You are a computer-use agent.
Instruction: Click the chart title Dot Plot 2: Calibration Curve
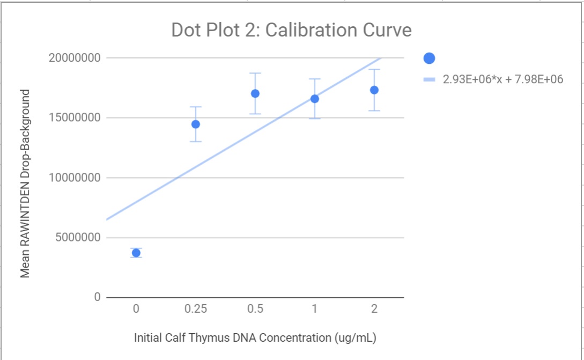click(x=291, y=30)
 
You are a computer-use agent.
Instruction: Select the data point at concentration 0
click(x=136, y=253)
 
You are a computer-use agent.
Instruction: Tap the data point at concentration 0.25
click(x=196, y=124)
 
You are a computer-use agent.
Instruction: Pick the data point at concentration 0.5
click(x=255, y=93)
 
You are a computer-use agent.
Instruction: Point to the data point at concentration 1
click(x=315, y=99)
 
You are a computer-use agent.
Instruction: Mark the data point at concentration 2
click(x=374, y=90)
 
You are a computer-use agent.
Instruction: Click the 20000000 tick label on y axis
click(x=74, y=58)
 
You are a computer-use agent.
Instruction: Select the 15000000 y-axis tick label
click(x=74, y=118)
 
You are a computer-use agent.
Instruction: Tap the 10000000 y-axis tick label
click(x=74, y=178)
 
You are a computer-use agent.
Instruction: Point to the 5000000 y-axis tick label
click(x=77, y=238)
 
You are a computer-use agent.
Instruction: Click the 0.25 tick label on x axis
click(x=196, y=309)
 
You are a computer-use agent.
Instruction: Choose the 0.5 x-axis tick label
click(x=255, y=309)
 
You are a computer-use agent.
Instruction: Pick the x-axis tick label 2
click(x=374, y=309)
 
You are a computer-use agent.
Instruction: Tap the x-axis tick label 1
click(x=315, y=309)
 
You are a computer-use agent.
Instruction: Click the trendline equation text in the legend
click(x=502, y=79)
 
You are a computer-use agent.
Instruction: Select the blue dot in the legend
click(x=429, y=58)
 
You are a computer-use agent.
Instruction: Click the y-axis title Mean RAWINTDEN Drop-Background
click(x=25, y=183)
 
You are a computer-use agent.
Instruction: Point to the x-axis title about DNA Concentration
click(x=255, y=338)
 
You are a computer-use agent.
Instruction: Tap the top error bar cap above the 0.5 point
click(x=255, y=73)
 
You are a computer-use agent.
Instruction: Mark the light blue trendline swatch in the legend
click(x=429, y=79)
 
